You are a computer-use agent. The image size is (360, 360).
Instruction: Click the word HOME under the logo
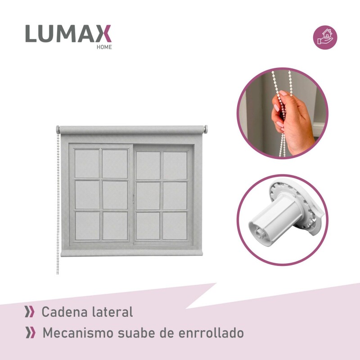pos(104,47)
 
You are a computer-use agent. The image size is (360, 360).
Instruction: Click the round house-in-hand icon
pos(325,37)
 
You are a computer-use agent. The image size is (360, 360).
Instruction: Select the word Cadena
pos(64,312)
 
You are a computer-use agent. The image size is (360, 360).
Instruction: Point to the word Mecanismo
pos(78,333)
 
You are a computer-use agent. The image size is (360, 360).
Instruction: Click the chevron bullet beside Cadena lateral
pos(30,312)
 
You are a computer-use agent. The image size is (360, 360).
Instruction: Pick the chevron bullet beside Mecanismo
pos(31,333)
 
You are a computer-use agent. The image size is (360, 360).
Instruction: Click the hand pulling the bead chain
pos(292,121)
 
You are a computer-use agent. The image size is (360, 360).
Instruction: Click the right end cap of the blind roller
pos(206,129)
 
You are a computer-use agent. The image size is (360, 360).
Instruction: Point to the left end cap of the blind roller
pos(58,130)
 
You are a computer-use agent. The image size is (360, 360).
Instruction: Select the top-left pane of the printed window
pos(87,164)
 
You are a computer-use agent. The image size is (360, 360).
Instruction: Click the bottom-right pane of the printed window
pos(175,226)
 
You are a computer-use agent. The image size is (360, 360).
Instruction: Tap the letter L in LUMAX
pos(31,33)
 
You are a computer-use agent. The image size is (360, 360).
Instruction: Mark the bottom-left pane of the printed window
pos(87,226)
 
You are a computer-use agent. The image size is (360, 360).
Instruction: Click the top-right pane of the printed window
pos(175,165)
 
